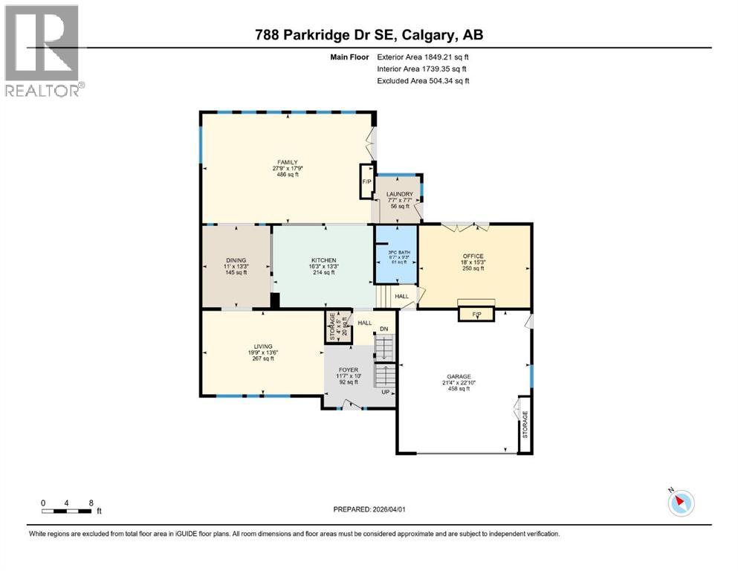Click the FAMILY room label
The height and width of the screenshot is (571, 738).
288,162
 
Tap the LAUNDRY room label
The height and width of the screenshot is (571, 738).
399,195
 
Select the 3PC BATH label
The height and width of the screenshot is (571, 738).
395,252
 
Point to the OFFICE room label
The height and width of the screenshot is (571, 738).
473,255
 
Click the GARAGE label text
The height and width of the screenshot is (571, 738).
459,376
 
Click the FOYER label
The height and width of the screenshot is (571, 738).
349,370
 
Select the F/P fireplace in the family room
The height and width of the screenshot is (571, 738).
366,181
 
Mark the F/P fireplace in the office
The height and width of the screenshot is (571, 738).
476,314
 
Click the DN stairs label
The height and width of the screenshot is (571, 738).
384,329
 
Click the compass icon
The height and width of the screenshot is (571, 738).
680,503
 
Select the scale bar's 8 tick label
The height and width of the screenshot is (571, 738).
91,503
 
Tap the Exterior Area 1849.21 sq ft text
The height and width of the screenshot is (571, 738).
423,57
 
